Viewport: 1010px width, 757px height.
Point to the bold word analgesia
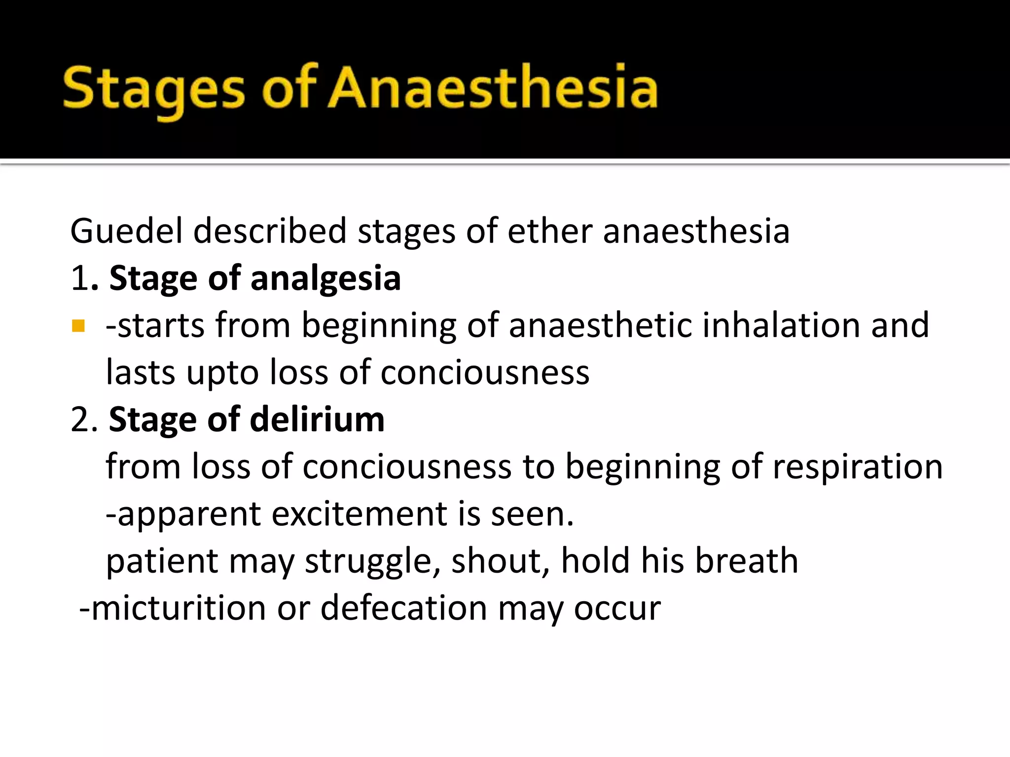[325, 279]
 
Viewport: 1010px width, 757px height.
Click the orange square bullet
[78, 326]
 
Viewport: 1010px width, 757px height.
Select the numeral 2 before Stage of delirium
[80, 420]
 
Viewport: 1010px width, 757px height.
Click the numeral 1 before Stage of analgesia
[79, 279]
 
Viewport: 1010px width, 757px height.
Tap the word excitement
[360, 514]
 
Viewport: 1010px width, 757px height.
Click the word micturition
[179, 608]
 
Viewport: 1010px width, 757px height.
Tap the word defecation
[404, 608]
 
